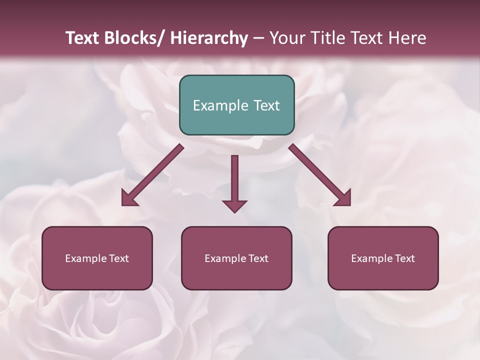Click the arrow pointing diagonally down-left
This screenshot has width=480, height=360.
[x=155, y=173]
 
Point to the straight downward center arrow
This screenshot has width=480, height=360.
[x=234, y=180]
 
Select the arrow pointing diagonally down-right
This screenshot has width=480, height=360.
[x=317, y=173]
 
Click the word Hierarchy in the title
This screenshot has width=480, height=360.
[x=209, y=38]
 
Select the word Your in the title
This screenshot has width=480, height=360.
[x=287, y=38]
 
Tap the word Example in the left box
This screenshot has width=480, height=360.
[x=85, y=258]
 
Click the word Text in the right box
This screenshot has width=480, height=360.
[x=404, y=258]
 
